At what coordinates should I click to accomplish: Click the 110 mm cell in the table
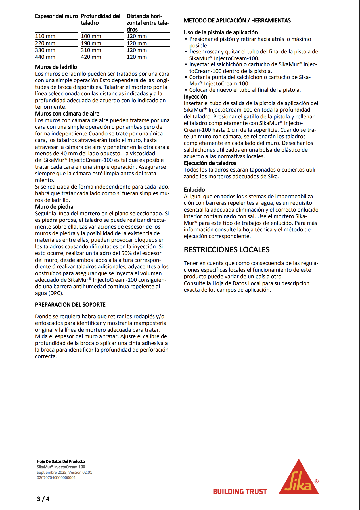pyautogui.click(x=45, y=36)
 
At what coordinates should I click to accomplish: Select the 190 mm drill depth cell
pyautogui.click(x=91, y=43)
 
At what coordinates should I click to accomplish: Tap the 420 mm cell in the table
pyautogui.click(x=91, y=57)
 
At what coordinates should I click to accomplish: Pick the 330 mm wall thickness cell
pyautogui.click(x=45, y=50)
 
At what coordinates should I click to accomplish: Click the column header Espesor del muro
pyautogui.click(x=56, y=16)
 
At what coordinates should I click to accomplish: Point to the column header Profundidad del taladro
pyautogui.click(x=101, y=20)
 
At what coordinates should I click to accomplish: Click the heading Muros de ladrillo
pyautogui.click(x=56, y=67)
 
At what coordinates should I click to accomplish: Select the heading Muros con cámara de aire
pyautogui.click(x=67, y=114)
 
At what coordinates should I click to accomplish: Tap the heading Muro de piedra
pyautogui.click(x=54, y=207)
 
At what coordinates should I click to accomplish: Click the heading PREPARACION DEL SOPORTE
pyautogui.click(x=70, y=305)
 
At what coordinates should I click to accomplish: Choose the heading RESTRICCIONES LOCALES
pyautogui.click(x=227, y=250)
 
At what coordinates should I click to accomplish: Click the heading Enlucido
pyautogui.click(x=194, y=190)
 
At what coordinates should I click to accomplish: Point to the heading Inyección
pyautogui.click(x=195, y=97)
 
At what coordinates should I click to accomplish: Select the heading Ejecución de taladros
pyautogui.click(x=210, y=163)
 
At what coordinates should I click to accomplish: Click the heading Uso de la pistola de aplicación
pyautogui.click(x=221, y=32)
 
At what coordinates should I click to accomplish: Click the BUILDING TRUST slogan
pyautogui.click(x=240, y=492)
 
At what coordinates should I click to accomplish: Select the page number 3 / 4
pyautogui.click(x=43, y=499)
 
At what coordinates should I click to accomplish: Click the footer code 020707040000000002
pyautogui.click(x=56, y=478)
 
